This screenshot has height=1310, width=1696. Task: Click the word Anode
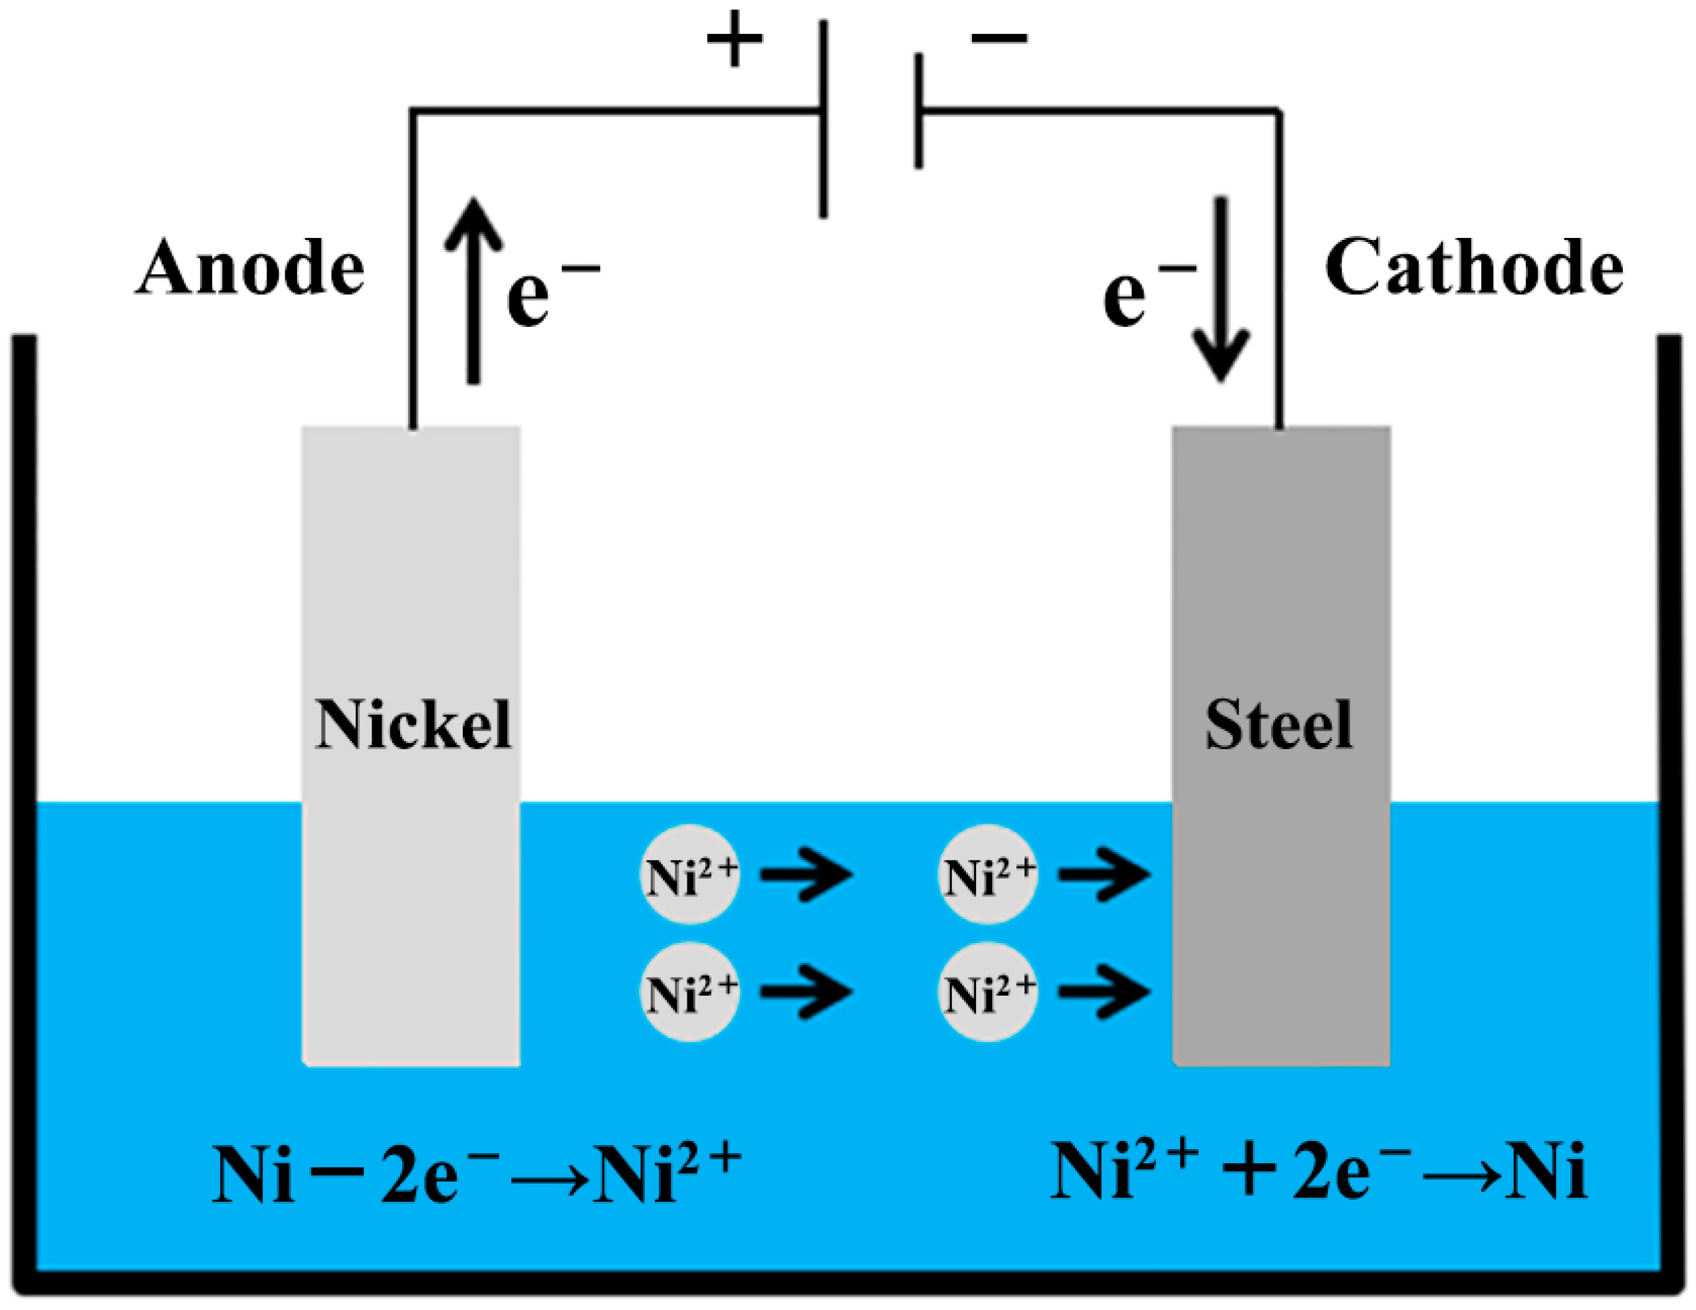(250, 268)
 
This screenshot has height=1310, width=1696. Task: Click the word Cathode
(1473, 268)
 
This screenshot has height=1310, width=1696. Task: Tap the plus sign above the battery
(735, 38)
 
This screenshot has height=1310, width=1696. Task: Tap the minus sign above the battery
(999, 37)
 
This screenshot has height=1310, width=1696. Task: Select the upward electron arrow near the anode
(473, 291)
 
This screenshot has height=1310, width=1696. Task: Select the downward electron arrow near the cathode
(1221, 291)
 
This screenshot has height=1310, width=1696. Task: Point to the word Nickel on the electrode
(412, 724)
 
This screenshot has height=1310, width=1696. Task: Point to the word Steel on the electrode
(1279, 724)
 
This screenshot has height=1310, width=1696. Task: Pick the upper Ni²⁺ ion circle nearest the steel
(988, 875)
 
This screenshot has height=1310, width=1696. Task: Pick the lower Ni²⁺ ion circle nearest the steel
(988, 992)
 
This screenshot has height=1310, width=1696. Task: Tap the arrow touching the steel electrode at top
(1104, 875)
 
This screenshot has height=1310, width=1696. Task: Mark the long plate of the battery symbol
(823, 119)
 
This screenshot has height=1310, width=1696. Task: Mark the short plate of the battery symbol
(919, 111)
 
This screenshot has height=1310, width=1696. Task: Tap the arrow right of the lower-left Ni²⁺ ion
(806, 992)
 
